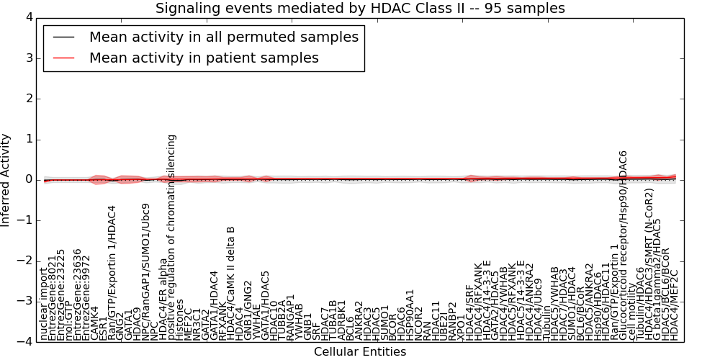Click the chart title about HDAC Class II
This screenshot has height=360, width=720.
tap(360, 8)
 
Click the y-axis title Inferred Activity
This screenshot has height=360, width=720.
tap(6, 179)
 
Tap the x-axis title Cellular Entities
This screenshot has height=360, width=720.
tap(360, 352)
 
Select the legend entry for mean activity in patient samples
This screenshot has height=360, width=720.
tap(204, 58)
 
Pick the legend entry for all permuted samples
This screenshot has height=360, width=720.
tap(204, 37)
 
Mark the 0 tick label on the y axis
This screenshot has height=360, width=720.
tap(29, 179)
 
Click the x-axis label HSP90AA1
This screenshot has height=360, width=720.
tap(410, 315)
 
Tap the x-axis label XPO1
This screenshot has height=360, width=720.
tap(462, 327)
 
